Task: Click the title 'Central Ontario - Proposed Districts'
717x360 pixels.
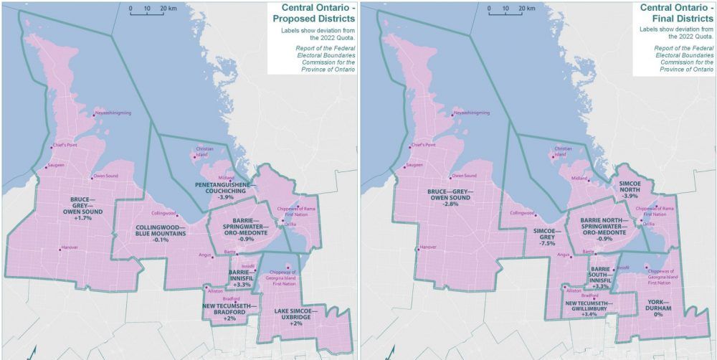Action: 313,13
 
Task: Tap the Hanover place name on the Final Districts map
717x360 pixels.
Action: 428,247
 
